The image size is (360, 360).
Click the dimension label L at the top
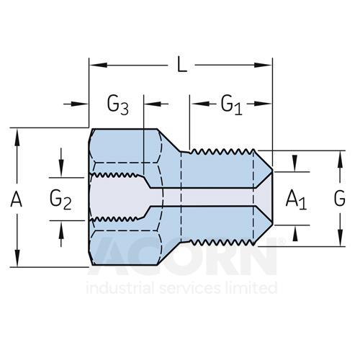(x=182, y=64)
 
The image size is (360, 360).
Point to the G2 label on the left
(x=60, y=200)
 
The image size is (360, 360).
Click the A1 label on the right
(x=296, y=200)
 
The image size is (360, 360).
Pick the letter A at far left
(x=17, y=199)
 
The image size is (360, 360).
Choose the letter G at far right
(x=340, y=199)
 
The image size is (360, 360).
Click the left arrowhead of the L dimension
(x=99, y=65)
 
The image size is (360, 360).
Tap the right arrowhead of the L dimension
(x=263, y=65)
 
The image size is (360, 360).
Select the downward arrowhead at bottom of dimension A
(x=17, y=258)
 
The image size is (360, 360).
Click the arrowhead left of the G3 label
(x=80, y=104)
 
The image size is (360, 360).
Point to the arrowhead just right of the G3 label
(x=152, y=104)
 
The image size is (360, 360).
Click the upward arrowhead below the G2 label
(x=61, y=229)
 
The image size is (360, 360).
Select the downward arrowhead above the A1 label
(x=295, y=163)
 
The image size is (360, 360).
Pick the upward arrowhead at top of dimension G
(x=340, y=159)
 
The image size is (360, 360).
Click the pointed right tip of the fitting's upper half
(x=273, y=169)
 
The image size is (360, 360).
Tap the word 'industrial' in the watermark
(x=120, y=288)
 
